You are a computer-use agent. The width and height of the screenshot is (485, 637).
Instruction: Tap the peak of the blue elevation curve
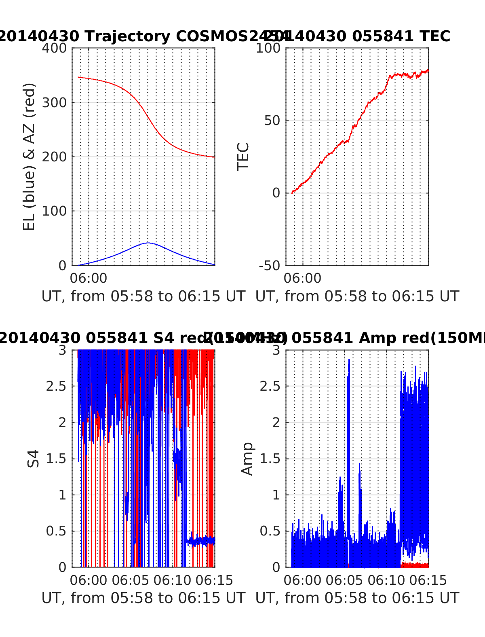coord(148,243)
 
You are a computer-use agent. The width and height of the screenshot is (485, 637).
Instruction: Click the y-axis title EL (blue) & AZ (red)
coord(29,157)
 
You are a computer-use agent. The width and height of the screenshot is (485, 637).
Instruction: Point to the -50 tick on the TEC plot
coord(270,266)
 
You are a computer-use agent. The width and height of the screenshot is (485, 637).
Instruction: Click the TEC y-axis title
coord(243,157)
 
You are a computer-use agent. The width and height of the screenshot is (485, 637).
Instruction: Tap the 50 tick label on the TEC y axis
coord(272,121)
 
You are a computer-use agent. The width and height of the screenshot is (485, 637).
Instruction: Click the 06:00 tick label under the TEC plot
coord(302,278)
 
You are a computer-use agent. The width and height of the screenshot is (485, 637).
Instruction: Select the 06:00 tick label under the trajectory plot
coord(89,278)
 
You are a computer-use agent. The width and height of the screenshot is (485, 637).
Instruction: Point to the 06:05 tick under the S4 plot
coord(131,580)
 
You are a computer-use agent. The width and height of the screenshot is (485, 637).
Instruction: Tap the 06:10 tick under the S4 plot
coord(172,580)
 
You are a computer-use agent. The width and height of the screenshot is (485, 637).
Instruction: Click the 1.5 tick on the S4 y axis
coord(56,459)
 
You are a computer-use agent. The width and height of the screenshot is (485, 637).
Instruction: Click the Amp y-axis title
coord(247,459)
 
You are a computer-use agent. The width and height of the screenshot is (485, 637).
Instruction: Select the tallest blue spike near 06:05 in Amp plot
coord(349,360)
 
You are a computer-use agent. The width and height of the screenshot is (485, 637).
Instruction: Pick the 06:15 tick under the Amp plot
coord(428,580)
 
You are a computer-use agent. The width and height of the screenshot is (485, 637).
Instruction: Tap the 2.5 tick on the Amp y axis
coord(270,386)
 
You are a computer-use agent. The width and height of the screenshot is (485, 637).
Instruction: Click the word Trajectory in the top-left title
coord(128,36)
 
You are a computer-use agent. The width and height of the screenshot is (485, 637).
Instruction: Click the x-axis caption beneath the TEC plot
coord(357,296)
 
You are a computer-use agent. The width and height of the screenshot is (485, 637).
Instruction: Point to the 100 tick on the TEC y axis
coord(269,48)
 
